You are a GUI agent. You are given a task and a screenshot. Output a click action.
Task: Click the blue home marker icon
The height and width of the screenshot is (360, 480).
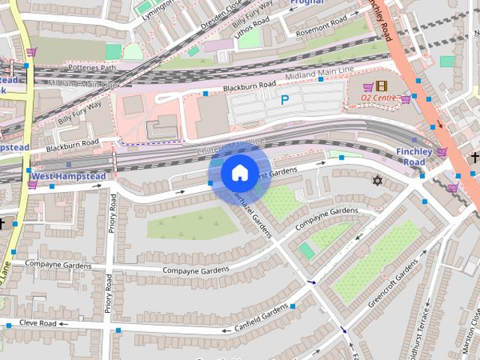238,174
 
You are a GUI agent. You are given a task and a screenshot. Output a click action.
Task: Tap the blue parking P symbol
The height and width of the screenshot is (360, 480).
284,99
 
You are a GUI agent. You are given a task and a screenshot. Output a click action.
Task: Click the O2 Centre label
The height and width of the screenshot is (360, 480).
378,98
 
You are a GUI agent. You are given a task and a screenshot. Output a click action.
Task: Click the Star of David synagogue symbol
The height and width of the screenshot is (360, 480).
377,181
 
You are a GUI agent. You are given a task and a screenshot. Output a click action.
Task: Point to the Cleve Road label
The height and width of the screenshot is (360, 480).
38,323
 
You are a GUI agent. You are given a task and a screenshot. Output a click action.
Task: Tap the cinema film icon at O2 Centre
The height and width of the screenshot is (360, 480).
382,85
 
